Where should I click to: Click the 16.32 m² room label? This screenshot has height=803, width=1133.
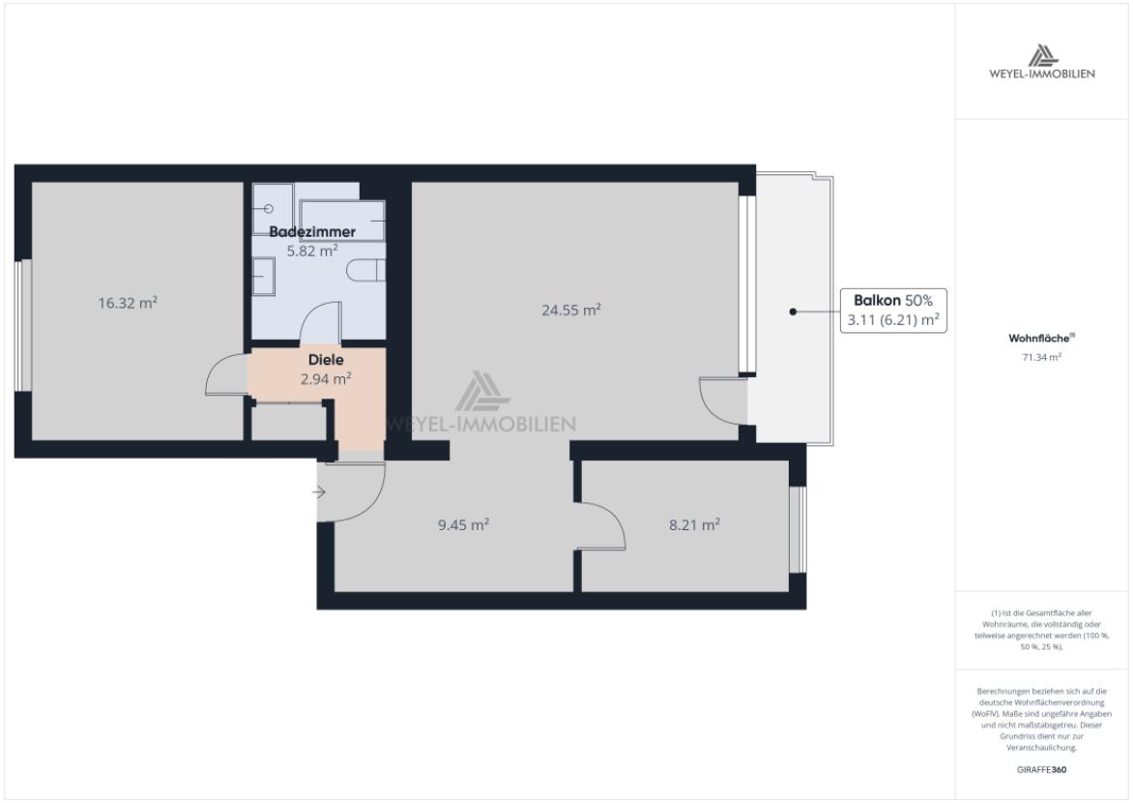click(x=128, y=303)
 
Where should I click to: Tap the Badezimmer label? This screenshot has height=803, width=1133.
click(x=311, y=232)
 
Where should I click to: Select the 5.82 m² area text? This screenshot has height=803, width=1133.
click(x=311, y=251)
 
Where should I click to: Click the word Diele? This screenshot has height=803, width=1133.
click(x=326, y=360)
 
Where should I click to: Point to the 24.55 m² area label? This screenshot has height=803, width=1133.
click(x=571, y=310)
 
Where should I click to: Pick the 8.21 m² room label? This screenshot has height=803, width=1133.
click(x=694, y=524)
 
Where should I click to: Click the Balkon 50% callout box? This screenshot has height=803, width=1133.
click(x=893, y=311)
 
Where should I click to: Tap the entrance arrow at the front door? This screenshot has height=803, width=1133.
click(x=321, y=492)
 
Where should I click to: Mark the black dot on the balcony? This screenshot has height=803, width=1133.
click(x=793, y=312)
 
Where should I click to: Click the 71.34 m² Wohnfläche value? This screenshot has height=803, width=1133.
click(x=1042, y=357)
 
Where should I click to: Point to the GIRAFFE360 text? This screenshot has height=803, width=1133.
click(x=1042, y=770)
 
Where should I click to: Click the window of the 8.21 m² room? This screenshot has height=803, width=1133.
click(x=797, y=528)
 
